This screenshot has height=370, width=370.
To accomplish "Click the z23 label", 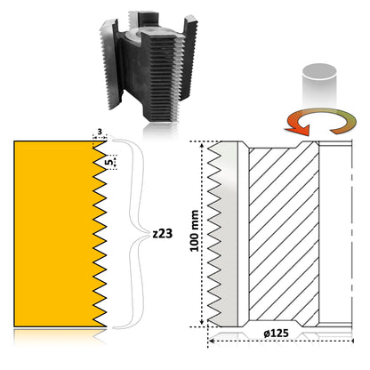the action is point(162,234).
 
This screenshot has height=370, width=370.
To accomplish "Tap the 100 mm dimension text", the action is point(195,231).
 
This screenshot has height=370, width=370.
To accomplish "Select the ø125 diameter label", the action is point(276,334).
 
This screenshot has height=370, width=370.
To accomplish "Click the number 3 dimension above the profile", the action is point(100,132).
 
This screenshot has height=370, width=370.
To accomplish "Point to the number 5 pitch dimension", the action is point(109,162).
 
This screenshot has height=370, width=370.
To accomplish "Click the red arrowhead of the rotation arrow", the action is point(297,129).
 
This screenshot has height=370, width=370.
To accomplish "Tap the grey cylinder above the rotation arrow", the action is point(319,85).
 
